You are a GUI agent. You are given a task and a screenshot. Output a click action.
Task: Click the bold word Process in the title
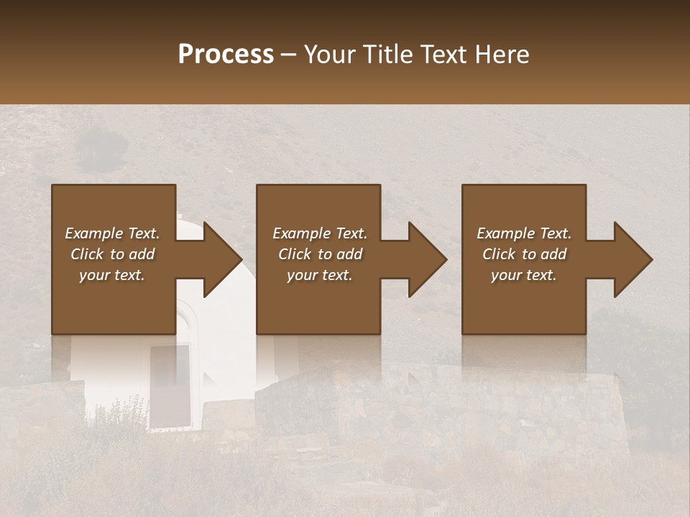(226, 55)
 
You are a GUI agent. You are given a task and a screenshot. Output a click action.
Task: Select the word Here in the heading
(501, 55)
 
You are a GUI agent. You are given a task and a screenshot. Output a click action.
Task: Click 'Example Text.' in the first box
(112, 233)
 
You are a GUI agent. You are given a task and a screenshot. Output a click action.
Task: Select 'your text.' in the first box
(112, 275)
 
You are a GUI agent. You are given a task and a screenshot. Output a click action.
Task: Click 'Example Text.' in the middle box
(320, 233)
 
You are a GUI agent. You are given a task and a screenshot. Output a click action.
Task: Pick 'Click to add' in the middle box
(320, 254)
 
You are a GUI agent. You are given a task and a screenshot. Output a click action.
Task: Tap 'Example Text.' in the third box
(524, 233)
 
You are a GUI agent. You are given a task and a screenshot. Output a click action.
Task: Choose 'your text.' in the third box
(524, 275)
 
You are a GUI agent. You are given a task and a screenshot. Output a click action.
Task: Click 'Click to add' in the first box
(112, 254)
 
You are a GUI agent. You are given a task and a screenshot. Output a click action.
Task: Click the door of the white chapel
(170, 384)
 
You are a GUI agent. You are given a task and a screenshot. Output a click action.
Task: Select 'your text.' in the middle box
(320, 275)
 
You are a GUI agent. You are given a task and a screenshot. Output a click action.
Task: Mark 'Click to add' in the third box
(524, 254)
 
